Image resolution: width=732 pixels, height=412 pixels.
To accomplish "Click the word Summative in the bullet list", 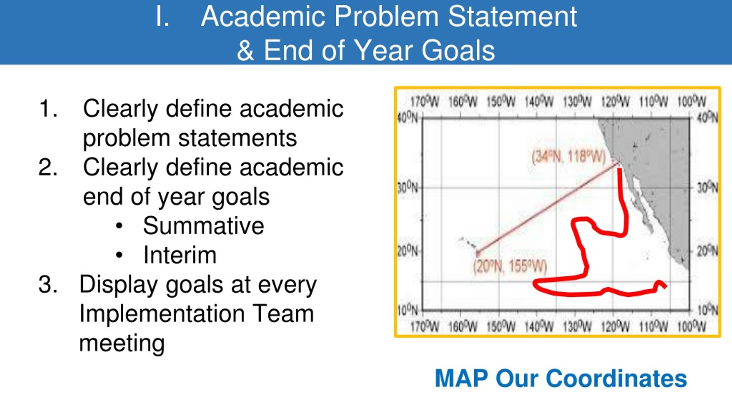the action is pyautogui.click(x=204, y=226).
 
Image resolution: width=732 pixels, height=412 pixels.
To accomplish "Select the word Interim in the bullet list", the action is pyautogui.click(x=180, y=255).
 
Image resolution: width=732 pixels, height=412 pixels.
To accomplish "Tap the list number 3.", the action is pyautogui.click(x=47, y=285).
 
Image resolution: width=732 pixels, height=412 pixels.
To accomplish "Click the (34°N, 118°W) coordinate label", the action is pyautogui.click(x=568, y=157).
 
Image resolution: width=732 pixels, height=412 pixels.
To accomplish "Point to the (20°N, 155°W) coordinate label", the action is pyautogui.click(x=510, y=267).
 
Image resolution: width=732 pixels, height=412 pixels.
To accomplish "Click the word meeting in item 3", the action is pyautogui.click(x=122, y=344).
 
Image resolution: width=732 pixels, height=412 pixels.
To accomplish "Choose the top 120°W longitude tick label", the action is pyautogui.click(x=615, y=102).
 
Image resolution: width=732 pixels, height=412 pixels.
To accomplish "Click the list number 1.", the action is pyautogui.click(x=48, y=109).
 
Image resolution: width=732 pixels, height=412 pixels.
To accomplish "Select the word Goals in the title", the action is pyautogui.click(x=458, y=51).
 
